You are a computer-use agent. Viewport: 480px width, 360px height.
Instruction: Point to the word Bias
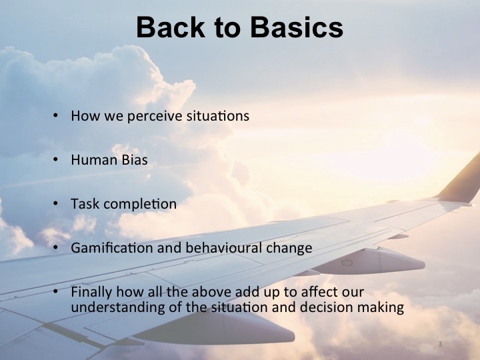[132, 160]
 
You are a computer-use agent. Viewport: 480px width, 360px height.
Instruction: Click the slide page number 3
[441, 345]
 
